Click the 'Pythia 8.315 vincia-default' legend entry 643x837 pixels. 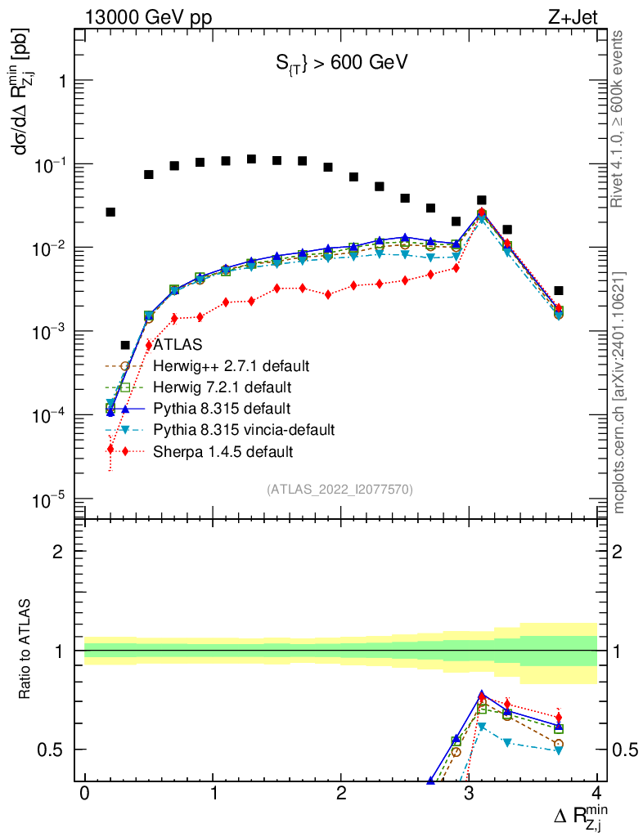click(244, 429)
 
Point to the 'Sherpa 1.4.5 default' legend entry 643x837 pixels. click(223, 450)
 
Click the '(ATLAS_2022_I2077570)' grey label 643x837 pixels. click(339, 490)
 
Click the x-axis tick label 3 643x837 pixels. click(469, 794)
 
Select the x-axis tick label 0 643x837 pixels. click(84, 794)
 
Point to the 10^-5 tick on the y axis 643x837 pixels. click(48, 499)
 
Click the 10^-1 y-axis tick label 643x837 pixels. click(48, 165)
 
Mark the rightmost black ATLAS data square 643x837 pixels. click(558, 290)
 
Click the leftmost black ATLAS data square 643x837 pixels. click(110, 212)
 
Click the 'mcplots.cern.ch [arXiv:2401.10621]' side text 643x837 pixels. click(619, 392)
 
